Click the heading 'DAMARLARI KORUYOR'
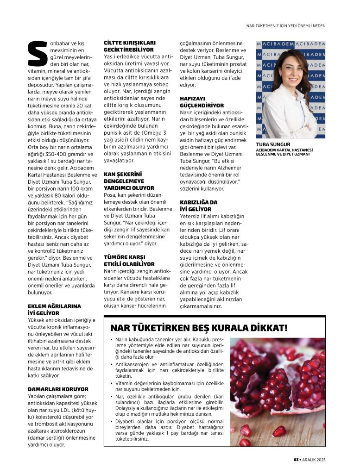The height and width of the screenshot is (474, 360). [57, 389]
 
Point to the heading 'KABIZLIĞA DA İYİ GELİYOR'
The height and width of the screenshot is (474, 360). [199, 206]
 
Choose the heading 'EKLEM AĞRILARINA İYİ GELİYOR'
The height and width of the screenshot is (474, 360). [54, 310]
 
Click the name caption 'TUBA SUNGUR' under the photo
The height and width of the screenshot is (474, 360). [273, 144]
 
